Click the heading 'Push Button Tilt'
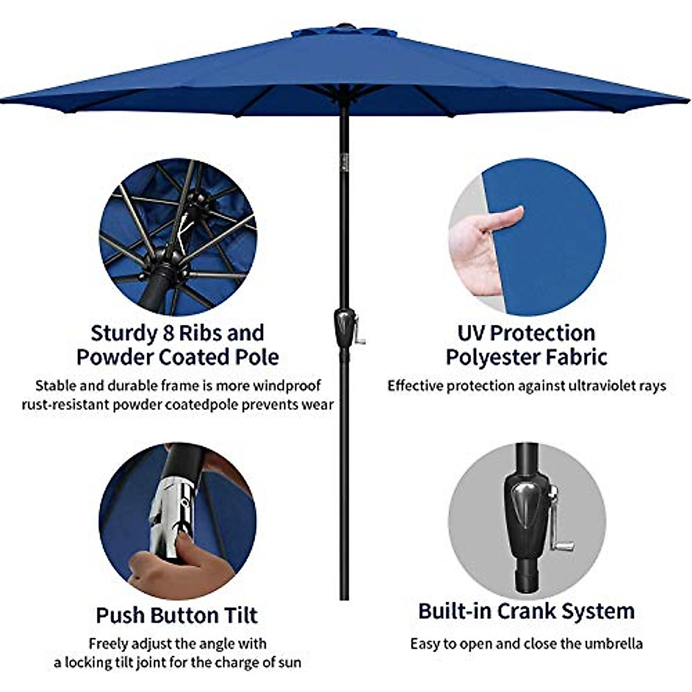pyautogui.click(x=176, y=615)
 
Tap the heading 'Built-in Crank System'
pyautogui.click(x=526, y=611)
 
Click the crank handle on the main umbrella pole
pyautogui.click(x=359, y=332)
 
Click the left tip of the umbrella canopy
pyautogui.click(x=3, y=101)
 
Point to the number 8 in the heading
pyautogui.click(x=166, y=333)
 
